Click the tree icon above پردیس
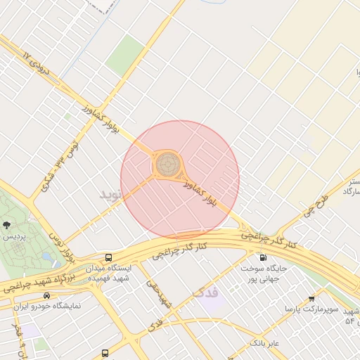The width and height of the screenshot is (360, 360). coord(7,225)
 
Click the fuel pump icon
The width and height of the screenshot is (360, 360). coord(263,257)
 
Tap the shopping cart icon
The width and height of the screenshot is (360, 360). coord(311,299)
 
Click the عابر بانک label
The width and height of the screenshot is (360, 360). coord(264,343)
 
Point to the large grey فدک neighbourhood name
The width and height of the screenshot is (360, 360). coord(205,290)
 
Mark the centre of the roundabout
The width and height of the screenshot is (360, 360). coord(167,165)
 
